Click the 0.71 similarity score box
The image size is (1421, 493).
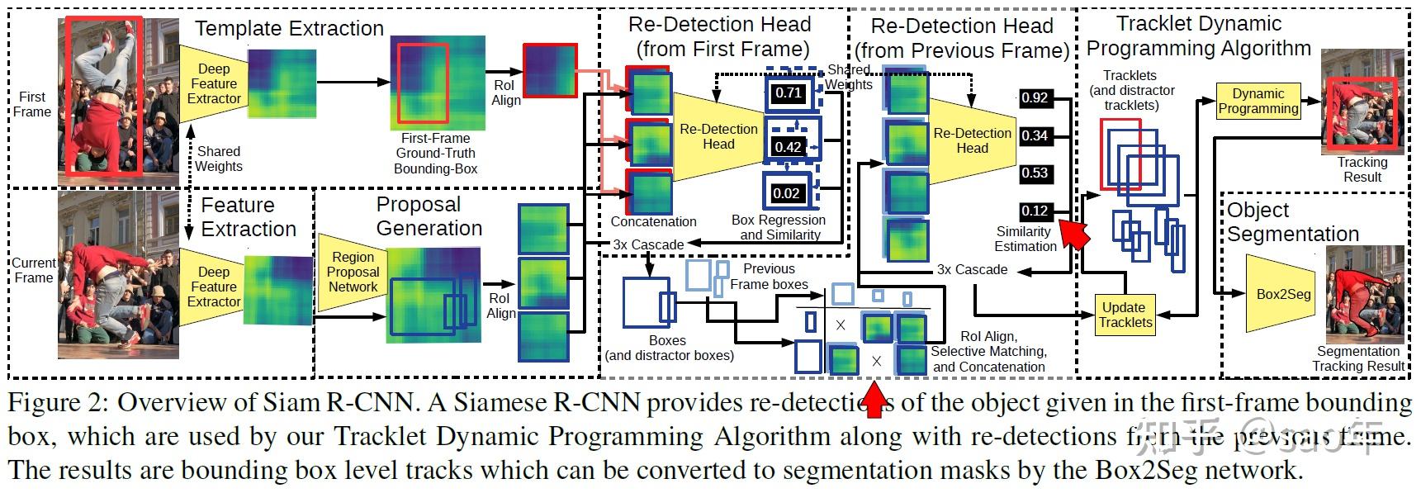pyautogui.click(x=788, y=92)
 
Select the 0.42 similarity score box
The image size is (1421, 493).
pyautogui.click(x=788, y=146)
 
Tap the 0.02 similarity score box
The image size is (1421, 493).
pyautogui.click(x=786, y=193)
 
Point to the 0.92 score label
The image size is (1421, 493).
pyautogui.click(x=1035, y=97)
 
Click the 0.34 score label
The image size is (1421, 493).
pyautogui.click(x=1035, y=135)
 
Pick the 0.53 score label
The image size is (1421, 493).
pyautogui.click(x=1035, y=173)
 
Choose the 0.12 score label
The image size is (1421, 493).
pyautogui.click(x=1035, y=211)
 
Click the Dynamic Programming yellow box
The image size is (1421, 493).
pyautogui.click(x=1258, y=101)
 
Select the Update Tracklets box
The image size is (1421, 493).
pyautogui.click(x=1124, y=315)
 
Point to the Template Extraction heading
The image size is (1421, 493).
pyautogui.click(x=289, y=28)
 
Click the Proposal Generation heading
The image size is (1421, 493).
pyautogui.click(x=429, y=216)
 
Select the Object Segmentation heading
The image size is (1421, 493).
pyautogui.click(x=1292, y=222)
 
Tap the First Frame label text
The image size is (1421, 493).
pyautogui.click(x=31, y=104)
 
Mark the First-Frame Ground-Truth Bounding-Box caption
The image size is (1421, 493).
pyautogui.click(x=435, y=154)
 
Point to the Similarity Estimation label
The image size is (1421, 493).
pyautogui.click(x=1025, y=239)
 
